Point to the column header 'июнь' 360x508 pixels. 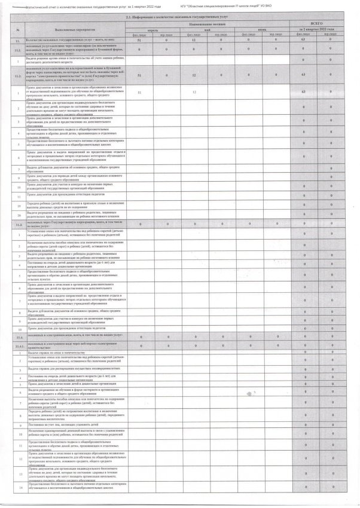click(264, 29)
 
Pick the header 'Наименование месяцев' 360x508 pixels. click(209, 23)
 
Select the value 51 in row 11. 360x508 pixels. click(139, 39)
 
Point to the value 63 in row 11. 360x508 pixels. click(304, 39)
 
